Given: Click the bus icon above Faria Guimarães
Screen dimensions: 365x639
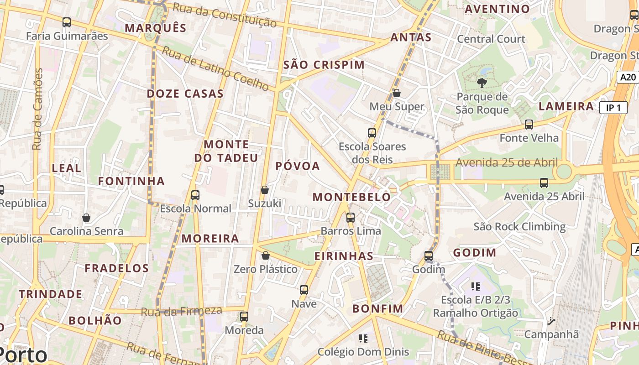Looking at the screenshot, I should (x=67, y=22).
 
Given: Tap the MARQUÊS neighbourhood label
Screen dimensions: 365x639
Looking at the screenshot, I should (x=156, y=28).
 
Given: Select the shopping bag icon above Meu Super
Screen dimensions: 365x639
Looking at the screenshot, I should (x=397, y=93).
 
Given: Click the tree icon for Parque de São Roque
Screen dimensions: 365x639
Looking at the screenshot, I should (x=482, y=83).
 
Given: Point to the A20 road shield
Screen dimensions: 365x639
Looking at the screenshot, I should (x=628, y=77).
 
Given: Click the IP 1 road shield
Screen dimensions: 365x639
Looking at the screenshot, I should (x=613, y=108).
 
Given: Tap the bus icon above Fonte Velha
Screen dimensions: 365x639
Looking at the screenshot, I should (x=529, y=124).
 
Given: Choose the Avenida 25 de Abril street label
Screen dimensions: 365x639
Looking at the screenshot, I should (x=507, y=162).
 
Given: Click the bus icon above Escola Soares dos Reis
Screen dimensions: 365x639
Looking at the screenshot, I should (x=372, y=133).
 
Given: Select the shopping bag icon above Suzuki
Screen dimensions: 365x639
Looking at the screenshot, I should (x=265, y=190).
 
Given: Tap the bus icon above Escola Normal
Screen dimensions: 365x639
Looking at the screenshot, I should (x=195, y=195).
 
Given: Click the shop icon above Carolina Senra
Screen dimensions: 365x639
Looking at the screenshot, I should (x=86, y=218).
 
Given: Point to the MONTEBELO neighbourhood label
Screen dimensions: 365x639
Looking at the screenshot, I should (x=351, y=197).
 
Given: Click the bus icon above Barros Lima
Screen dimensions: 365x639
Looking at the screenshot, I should (x=351, y=218).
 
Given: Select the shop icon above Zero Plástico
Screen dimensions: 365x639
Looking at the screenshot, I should (x=266, y=256).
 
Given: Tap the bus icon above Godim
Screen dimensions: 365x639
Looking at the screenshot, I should (x=429, y=256).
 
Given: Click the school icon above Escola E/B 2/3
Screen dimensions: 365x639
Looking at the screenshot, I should (x=476, y=287).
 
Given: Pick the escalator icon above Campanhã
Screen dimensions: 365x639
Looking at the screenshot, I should (x=551, y=321).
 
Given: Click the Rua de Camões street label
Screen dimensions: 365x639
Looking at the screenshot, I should (x=37, y=109).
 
